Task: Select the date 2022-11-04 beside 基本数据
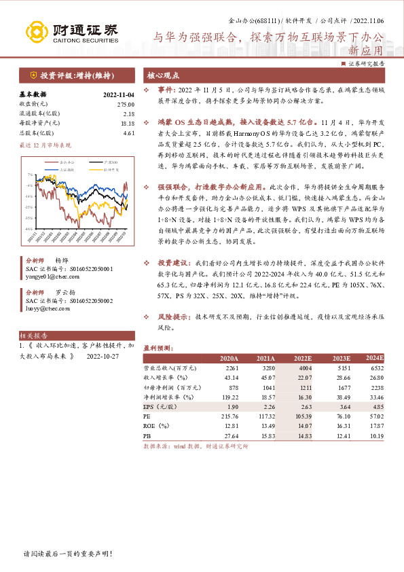tap(119, 94)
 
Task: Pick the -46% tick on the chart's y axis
tap(29, 228)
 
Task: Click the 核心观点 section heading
tap(164, 75)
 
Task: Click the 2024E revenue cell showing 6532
tap(375, 368)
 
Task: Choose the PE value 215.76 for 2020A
tap(229, 415)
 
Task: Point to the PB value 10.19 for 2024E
tap(375, 434)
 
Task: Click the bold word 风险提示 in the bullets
tap(174, 317)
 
